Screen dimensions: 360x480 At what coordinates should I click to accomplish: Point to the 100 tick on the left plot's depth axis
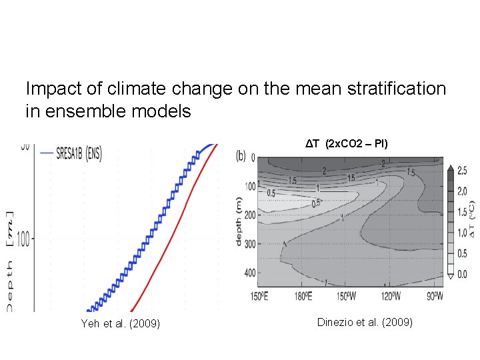[x=24, y=239]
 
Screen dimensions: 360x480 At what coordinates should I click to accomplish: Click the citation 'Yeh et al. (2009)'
[x=120, y=325]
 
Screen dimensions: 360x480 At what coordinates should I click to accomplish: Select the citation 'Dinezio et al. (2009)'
[x=365, y=323]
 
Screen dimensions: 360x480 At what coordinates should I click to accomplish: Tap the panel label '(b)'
[x=241, y=156]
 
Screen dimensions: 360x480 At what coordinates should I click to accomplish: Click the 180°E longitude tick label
[x=303, y=295]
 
